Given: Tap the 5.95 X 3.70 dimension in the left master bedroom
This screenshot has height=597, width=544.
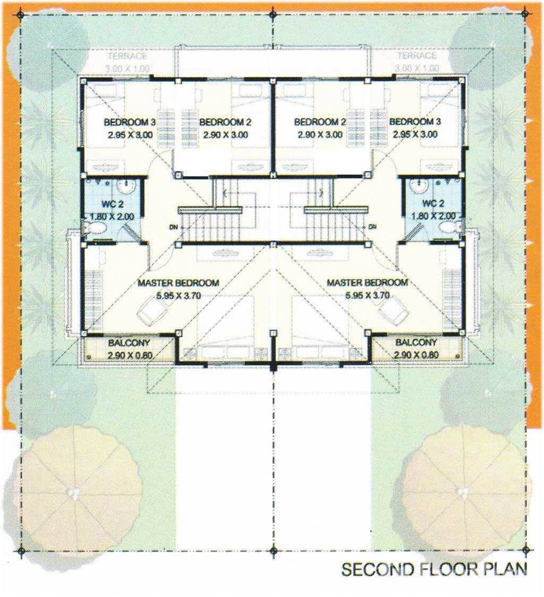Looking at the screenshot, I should click(177, 296).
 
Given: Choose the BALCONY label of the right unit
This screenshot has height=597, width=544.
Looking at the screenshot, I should click(416, 343).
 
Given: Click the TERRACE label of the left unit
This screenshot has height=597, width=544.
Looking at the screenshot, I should click(128, 56).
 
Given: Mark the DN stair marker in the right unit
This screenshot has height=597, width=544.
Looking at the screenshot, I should click(372, 227).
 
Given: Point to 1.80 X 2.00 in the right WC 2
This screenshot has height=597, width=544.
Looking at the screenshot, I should click(433, 216).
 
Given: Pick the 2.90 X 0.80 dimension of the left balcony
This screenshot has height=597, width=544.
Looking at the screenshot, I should click(127, 354).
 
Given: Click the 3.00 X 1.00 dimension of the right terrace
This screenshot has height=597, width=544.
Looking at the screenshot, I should click(416, 68).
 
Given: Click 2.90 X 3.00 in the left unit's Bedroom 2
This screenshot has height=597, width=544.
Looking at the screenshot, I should click(225, 135).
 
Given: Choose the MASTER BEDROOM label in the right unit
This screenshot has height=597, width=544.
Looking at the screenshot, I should click(367, 283).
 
